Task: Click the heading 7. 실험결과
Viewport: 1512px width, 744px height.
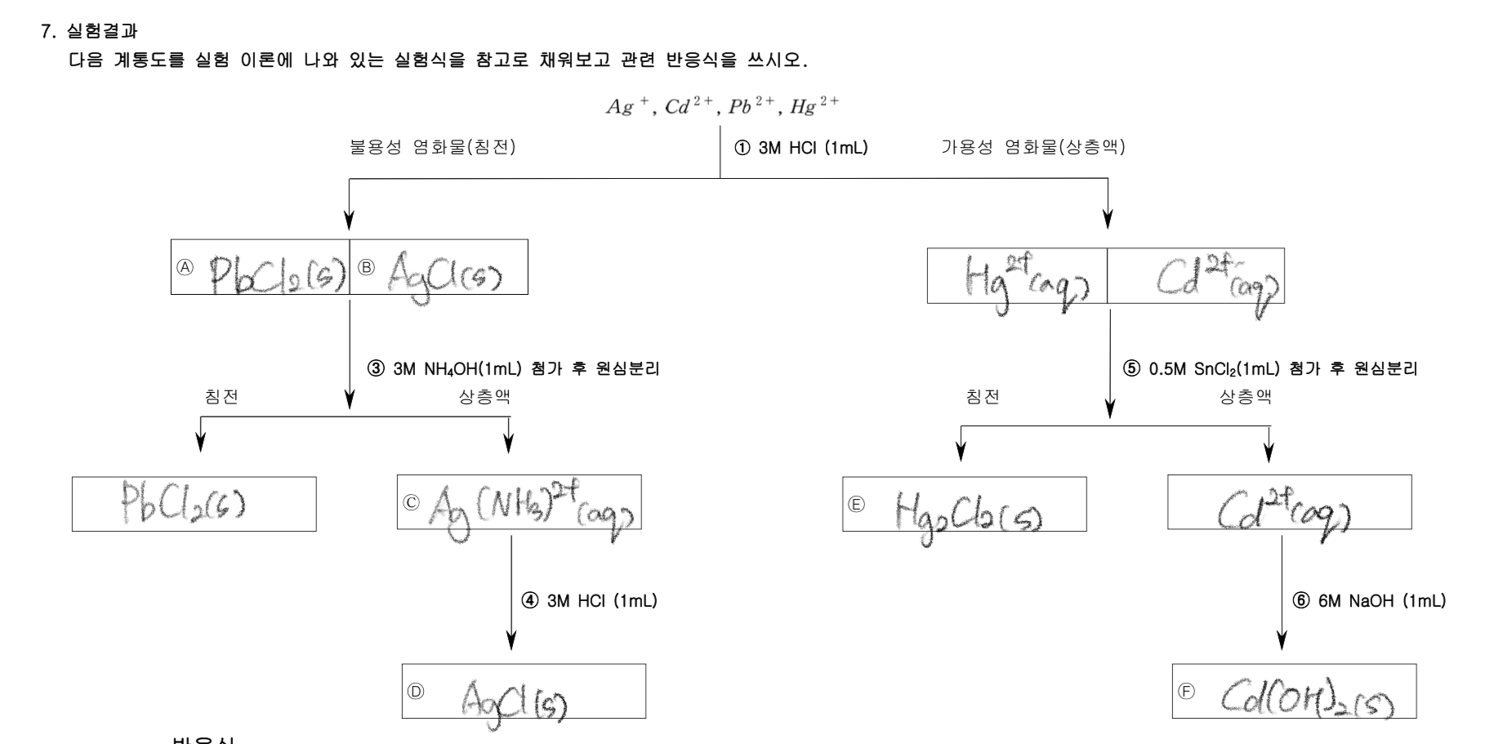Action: pos(89,33)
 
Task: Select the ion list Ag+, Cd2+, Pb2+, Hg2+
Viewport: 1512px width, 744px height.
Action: pos(721,108)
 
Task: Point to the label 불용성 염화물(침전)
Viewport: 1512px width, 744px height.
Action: pos(432,148)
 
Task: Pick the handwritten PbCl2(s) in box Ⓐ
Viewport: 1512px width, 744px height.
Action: pos(274,271)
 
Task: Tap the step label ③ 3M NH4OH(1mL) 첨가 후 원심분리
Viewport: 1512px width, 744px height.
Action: pos(514,369)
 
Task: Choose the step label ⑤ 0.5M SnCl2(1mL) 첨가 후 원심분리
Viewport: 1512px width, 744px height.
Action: pos(1270,369)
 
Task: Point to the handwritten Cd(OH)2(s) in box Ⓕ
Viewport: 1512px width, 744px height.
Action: pos(1307,696)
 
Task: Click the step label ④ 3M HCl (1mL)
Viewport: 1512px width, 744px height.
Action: pos(590,601)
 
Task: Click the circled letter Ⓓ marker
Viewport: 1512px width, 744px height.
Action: pos(416,691)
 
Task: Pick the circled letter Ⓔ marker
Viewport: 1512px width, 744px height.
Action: pos(856,504)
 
